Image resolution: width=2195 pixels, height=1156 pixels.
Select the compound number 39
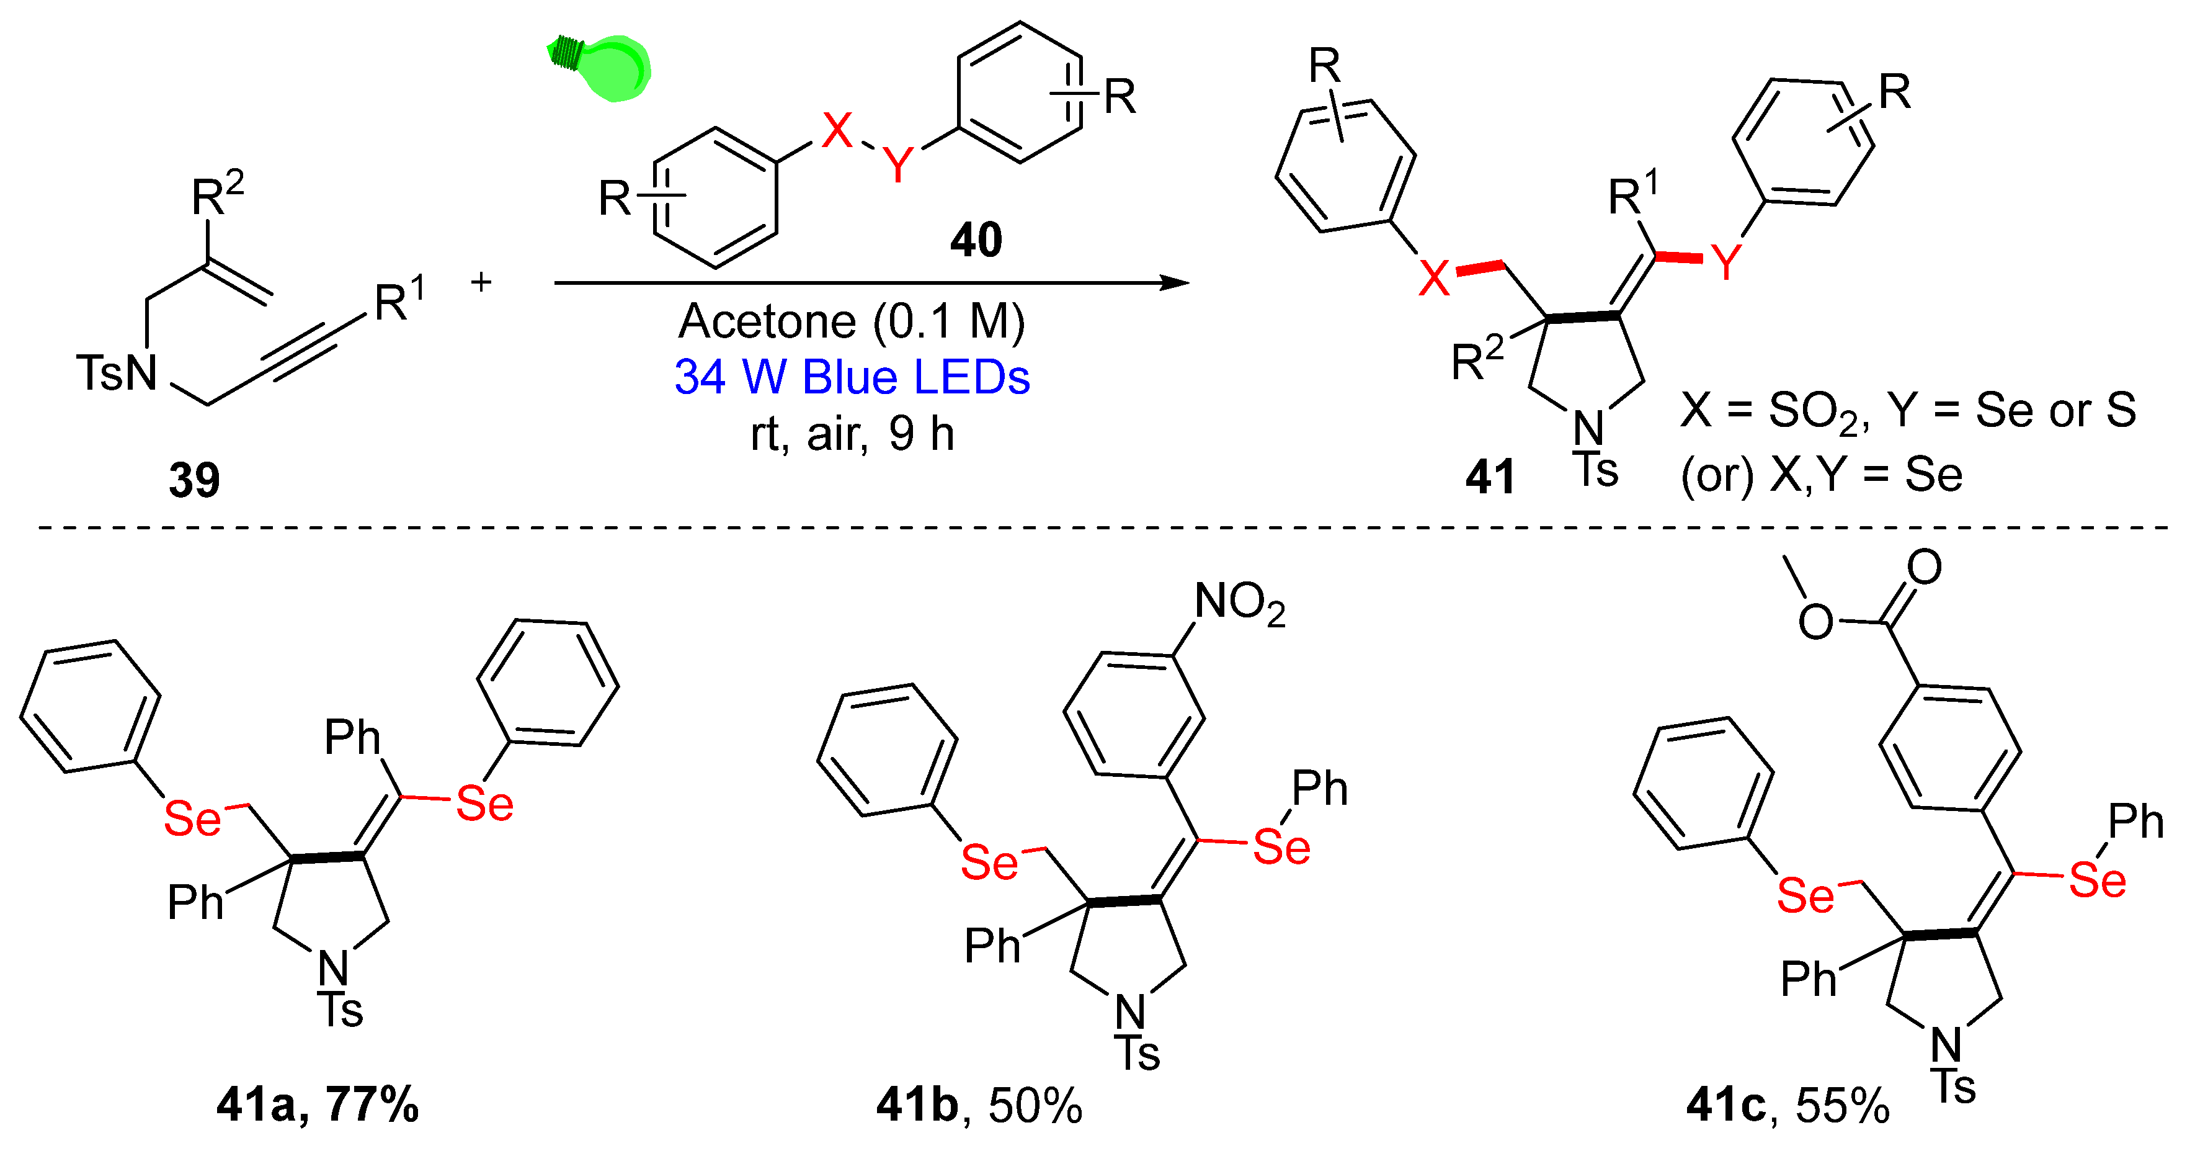pos(194,480)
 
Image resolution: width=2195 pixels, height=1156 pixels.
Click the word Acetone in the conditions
pos(767,322)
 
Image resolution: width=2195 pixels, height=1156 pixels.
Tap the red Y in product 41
pos(1726,262)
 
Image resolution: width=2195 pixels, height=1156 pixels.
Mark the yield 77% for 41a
pos(372,1105)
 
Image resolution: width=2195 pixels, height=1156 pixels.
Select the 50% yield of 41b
pos(1035,1106)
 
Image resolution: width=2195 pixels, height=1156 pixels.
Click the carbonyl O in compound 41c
pos(1924,567)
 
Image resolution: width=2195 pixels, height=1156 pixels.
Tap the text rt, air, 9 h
pos(852,435)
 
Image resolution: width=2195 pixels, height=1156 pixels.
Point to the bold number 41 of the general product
pos(1490,477)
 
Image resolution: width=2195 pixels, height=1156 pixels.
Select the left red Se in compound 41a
pos(192,819)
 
